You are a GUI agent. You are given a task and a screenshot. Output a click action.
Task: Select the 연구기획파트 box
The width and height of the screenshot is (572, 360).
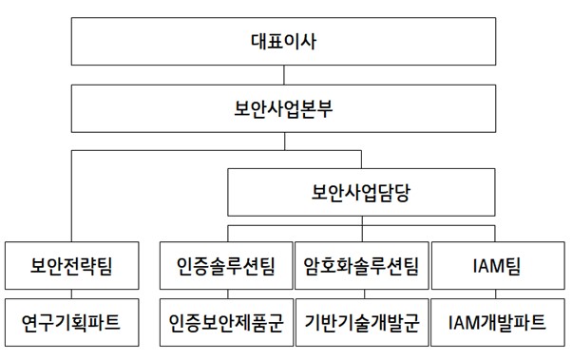(72, 323)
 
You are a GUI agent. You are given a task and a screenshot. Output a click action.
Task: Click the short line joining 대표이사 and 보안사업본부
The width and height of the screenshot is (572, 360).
(285, 74)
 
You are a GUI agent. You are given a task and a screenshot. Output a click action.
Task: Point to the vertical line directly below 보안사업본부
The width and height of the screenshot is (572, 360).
(285, 142)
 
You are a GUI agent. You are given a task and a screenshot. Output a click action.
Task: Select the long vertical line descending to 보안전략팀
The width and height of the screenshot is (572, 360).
(72, 199)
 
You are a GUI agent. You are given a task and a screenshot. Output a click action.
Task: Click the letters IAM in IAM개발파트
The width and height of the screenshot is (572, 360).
(465, 323)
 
